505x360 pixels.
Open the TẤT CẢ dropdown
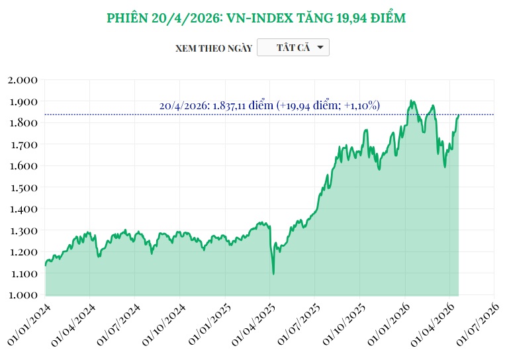click(x=293, y=48)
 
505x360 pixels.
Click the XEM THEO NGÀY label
click(x=213, y=48)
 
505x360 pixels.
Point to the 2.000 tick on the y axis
click(x=23, y=80)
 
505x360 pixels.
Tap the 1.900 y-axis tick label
click(x=23, y=102)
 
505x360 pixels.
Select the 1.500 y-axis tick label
click(x=23, y=187)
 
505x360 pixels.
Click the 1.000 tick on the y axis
click(x=23, y=294)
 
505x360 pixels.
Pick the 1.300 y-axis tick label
click(x=23, y=230)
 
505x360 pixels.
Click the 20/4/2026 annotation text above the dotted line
click(x=269, y=105)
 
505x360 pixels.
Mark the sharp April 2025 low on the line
click(x=273, y=273)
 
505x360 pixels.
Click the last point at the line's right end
click(x=458, y=115)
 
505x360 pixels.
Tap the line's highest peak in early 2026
click(x=411, y=101)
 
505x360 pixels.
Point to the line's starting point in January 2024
click(x=46, y=265)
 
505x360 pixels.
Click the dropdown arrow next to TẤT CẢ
click(x=320, y=48)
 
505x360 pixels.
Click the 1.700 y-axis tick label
click(x=23, y=144)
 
